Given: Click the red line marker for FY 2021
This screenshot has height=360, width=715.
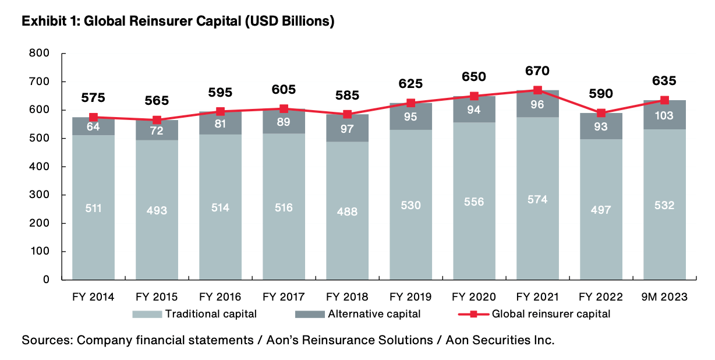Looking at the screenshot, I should coord(537,90).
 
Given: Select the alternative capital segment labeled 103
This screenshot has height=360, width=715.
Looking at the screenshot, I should coord(664,115).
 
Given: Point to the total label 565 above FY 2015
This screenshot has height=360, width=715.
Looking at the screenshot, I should coord(157,100).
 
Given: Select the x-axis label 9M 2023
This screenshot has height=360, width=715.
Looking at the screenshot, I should coord(664,297).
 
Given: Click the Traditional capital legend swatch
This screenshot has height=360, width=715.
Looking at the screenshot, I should coord(147,315).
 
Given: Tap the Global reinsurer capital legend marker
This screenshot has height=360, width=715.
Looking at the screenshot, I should coord(473,315).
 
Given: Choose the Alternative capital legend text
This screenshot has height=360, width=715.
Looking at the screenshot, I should coord(374,315).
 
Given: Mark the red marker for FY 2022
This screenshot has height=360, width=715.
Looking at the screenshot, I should coord(601,113).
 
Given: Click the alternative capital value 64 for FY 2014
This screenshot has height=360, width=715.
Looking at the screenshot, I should coord(93,126).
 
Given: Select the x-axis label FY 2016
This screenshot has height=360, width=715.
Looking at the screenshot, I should coord(220,297).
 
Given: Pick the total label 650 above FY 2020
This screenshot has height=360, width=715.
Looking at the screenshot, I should coord(474,76).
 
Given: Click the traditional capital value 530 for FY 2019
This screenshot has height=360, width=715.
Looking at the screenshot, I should coord(410,205).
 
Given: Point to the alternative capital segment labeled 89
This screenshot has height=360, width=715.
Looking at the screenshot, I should coord(284,122).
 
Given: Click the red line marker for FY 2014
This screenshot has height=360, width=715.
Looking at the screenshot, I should coord(93,117).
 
